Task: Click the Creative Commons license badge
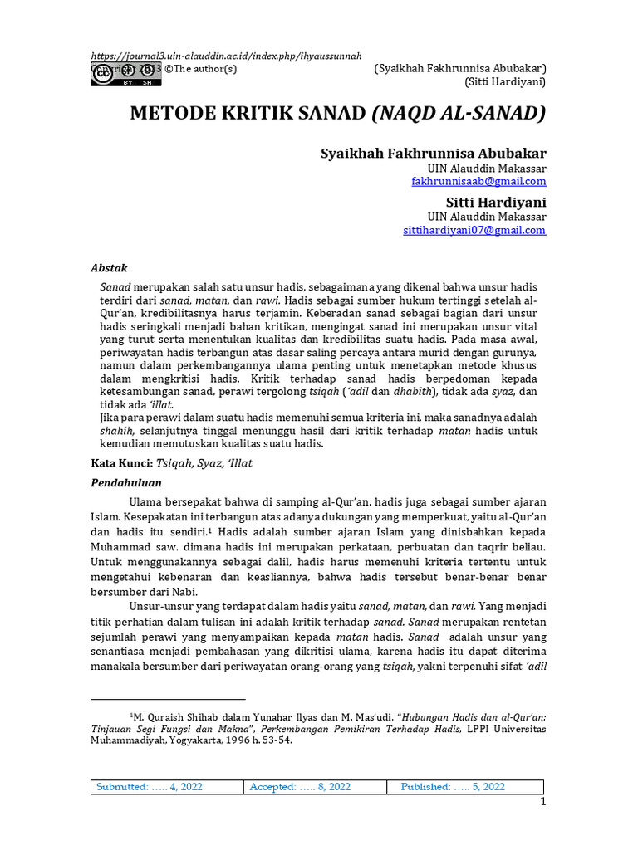(115, 74)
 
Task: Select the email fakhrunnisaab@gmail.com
(478, 181)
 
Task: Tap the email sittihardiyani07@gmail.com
(474, 230)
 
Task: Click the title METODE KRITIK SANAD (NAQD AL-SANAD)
(337, 114)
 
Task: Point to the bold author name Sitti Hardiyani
(491, 202)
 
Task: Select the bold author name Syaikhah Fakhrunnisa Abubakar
(433, 154)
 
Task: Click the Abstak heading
(109, 268)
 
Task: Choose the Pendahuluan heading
(125, 482)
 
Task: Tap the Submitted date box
(150, 787)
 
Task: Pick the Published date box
(453, 787)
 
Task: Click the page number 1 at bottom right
(542, 802)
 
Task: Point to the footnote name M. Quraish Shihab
(181, 715)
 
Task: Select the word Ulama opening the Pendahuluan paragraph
(147, 501)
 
